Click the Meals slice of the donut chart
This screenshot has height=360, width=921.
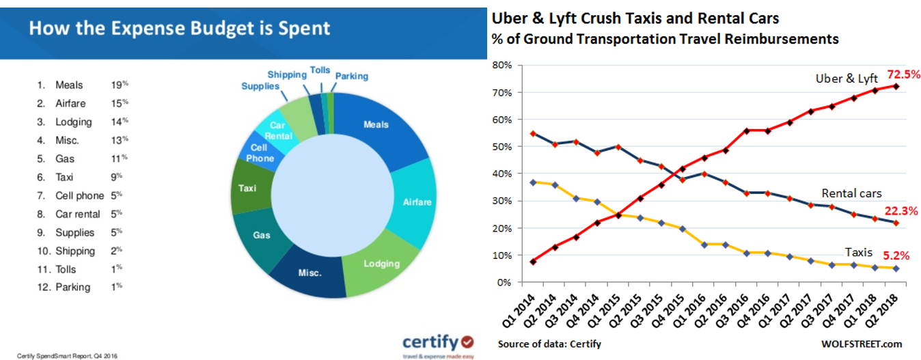pos(376,125)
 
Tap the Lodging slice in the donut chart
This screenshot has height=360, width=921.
pos(382,264)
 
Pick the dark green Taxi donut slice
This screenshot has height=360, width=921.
pos(247,187)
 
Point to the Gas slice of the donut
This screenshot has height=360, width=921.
pos(262,235)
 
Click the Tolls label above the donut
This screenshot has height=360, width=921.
pos(320,70)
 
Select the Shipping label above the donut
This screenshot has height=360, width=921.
pos(287,74)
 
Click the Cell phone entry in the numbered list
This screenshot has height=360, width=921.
pos(79,195)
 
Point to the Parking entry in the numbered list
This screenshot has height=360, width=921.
pos(72,287)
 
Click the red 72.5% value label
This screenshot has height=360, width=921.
pos(903,74)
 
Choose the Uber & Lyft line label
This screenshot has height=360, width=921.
pos(847,79)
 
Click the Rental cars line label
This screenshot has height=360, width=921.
pos(851,193)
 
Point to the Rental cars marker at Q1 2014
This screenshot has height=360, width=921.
pos(532,134)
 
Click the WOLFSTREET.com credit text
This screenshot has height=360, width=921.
pos(864,344)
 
